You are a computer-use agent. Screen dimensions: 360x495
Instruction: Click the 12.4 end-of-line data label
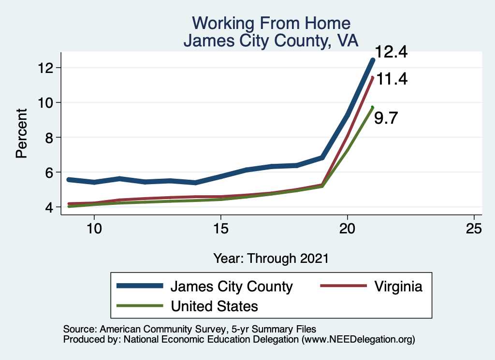pyautogui.click(x=392, y=52)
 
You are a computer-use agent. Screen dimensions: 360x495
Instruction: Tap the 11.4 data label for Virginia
pyautogui.click(x=392, y=78)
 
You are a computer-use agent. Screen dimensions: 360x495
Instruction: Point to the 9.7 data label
pyautogui.click(x=386, y=118)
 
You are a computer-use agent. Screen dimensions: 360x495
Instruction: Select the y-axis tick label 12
pyautogui.click(x=47, y=68)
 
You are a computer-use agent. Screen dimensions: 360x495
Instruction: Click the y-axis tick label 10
pyautogui.click(x=47, y=102)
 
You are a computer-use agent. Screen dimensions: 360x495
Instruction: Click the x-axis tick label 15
pyautogui.click(x=220, y=228)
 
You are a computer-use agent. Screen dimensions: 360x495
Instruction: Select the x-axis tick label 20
pyautogui.click(x=348, y=228)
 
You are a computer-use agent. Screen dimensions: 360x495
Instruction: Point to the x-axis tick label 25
pyautogui.click(x=474, y=228)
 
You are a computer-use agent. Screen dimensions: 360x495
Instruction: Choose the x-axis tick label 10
pyautogui.click(x=94, y=228)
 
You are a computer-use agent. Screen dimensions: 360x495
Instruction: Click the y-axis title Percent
pyautogui.click(x=21, y=133)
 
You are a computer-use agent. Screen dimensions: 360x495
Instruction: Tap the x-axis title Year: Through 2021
pyautogui.click(x=271, y=258)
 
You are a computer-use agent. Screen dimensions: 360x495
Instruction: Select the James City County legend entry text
pyautogui.click(x=231, y=287)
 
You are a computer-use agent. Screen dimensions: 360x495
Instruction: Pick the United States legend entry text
pyautogui.click(x=214, y=306)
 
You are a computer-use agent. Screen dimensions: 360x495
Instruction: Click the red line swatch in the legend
pyautogui.click(x=343, y=287)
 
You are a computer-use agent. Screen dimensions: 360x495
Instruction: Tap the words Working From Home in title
pyautogui.click(x=271, y=23)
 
